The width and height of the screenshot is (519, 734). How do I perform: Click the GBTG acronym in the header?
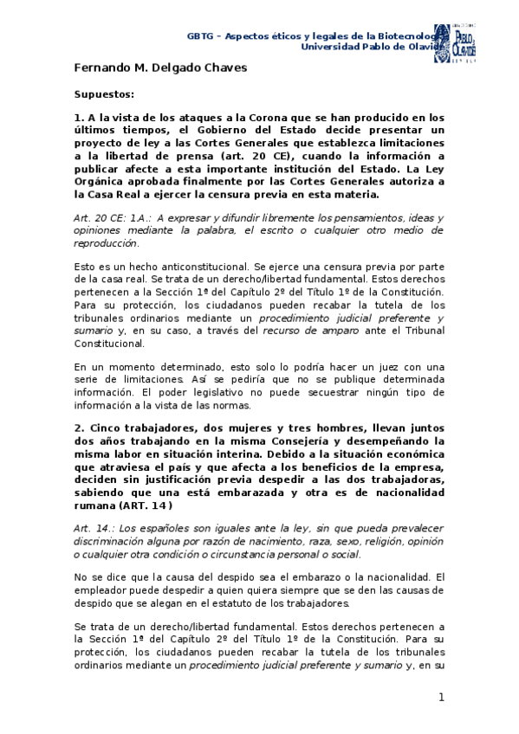pos(201,35)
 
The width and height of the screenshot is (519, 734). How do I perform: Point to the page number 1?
pos(440,698)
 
